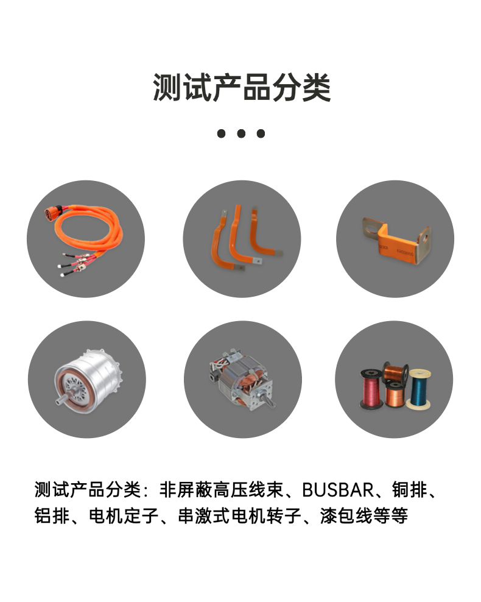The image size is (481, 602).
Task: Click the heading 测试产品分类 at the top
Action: click(242, 87)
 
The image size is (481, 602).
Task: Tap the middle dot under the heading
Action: click(241, 133)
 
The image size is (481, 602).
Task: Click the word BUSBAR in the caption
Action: click(337, 490)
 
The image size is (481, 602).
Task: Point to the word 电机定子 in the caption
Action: click(124, 515)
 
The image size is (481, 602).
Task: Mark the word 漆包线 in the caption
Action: click(346, 515)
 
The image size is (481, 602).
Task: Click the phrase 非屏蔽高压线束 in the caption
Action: click(221, 490)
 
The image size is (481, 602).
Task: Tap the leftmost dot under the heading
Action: click(222, 133)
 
